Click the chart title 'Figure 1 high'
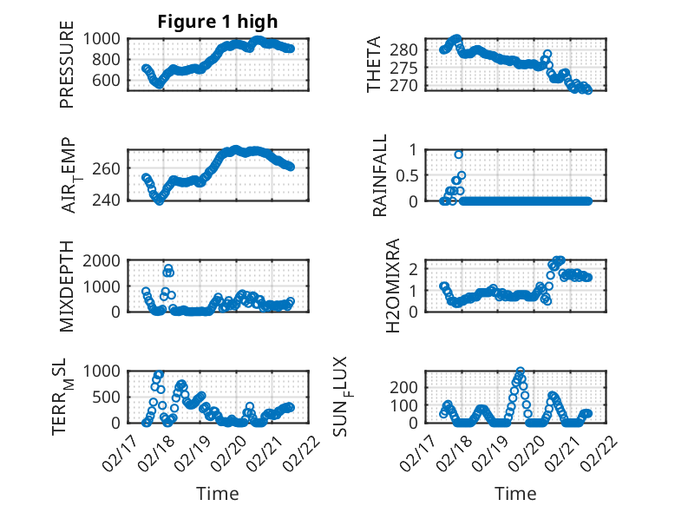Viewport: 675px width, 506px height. [217, 21]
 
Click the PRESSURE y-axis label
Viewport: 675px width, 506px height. [67, 70]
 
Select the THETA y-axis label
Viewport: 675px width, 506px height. [374, 64]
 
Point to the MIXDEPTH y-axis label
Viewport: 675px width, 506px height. [67, 287]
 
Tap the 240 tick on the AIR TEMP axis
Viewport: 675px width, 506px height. [111, 200]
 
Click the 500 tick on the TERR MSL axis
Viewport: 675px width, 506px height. [111, 397]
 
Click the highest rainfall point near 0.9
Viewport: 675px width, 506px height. [459, 154]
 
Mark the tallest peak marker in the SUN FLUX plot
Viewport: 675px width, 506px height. [520, 371]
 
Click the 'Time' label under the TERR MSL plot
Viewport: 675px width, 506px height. [218, 494]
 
